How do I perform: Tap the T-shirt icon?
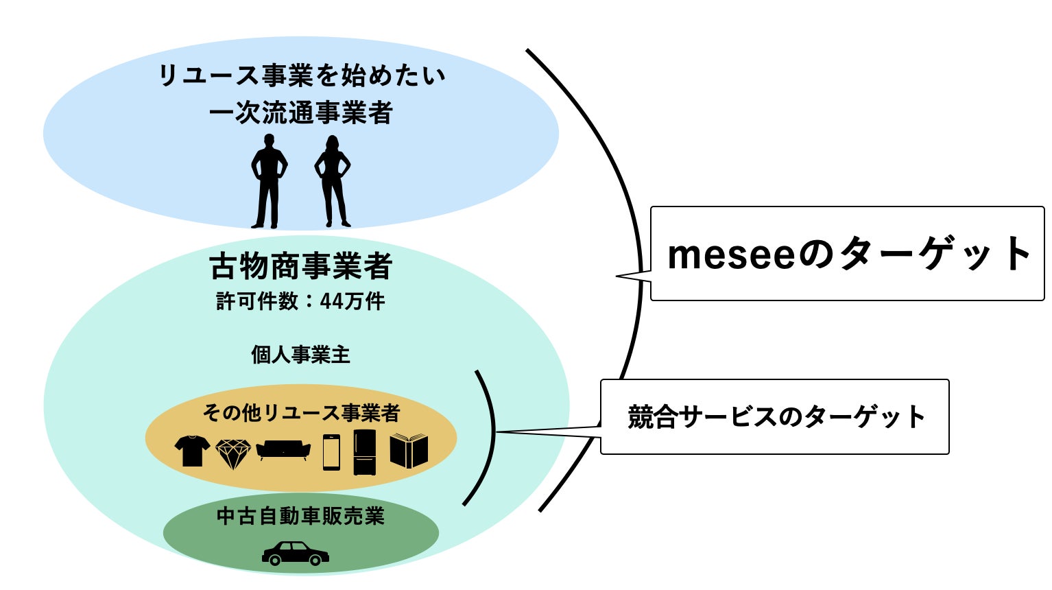pyautogui.click(x=192, y=451)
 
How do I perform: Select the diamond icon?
pyautogui.click(x=233, y=453)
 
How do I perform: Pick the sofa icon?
pyautogui.click(x=283, y=450)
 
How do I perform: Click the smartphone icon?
pyautogui.click(x=331, y=452)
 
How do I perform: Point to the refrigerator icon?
pyautogui.click(x=365, y=452)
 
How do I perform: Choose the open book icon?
pyautogui.click(x=409, y=451)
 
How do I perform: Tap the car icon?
pyautogui.click(x=296, y=553)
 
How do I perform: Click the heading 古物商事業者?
pyautogui.click(x=301, y=267)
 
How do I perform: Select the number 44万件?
pyautogui.click(x=352, y=301)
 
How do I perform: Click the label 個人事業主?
pyautogui.click(x=300, y=355)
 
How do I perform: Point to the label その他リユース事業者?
pyautogui.click(x=300, y=413)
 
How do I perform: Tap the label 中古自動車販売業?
pyautogui.click(x=300, y=516)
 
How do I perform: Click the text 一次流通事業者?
pyautogui.click(x=301, y=113)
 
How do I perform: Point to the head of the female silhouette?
pyautogui.click(x=333, y=143)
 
